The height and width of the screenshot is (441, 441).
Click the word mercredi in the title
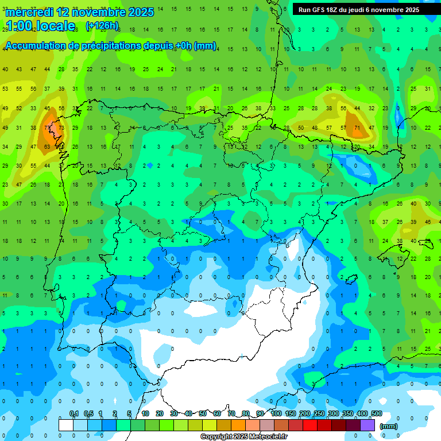(28, 12)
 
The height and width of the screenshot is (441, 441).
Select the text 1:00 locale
(40, 26)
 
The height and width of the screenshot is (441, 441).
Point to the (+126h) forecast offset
(102, 26)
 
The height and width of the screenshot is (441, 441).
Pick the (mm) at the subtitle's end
(205, 46)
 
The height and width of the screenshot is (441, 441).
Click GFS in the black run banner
(319, 10)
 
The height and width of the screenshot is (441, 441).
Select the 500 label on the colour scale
(376, 413)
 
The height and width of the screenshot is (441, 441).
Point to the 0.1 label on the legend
(74, 413)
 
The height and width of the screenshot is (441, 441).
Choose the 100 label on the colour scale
(276, 413)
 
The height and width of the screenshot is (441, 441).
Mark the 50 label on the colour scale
(203, 413)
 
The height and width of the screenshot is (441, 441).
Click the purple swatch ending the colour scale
(369, 425)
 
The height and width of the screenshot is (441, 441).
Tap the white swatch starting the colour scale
(66, 425)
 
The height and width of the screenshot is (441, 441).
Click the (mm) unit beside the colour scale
(389, 426)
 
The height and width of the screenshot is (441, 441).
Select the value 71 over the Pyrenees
(357, 127)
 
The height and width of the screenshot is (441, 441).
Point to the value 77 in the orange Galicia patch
(47, 127)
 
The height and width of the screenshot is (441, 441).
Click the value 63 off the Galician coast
(47, 146)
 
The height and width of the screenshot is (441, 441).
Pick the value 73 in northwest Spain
(61, 127)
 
